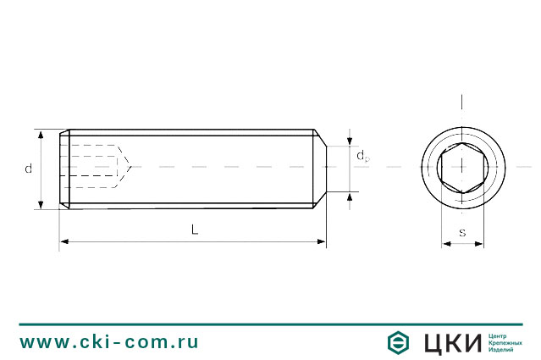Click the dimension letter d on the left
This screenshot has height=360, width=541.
[28, 169]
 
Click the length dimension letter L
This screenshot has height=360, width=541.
[194, 230]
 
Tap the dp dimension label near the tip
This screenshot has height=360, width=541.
[362, 156]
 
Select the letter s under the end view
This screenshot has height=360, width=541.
[461, 231]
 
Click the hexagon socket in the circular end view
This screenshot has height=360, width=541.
[462, 166]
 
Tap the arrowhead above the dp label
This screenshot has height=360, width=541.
[350, 141]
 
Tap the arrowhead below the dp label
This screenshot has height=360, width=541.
[350, 196]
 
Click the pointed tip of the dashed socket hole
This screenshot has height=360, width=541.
[129, 166]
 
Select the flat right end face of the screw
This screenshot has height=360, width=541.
[326, 167]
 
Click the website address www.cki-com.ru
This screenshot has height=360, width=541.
[109, 341]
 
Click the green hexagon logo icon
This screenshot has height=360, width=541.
[397, 342]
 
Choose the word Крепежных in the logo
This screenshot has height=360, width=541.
[505, 342]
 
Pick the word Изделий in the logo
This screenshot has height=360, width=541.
[502, 351]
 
